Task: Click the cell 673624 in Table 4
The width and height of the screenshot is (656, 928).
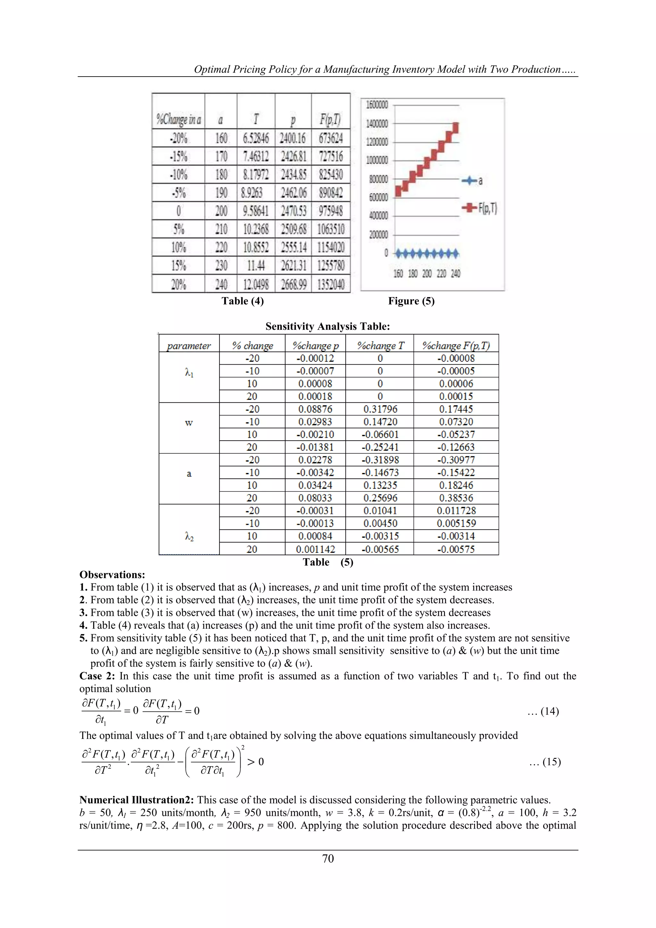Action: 331,138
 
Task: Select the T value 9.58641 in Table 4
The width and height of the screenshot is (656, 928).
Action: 256,211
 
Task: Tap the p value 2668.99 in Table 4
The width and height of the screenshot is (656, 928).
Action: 293,284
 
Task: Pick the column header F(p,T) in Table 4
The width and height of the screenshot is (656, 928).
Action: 331,119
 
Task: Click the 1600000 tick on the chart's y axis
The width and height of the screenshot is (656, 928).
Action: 377,105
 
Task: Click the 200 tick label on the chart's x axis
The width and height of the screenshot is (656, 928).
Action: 427,274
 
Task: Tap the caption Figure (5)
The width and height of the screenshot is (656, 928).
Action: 411,301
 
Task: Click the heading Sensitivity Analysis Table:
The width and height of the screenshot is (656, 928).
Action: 328,327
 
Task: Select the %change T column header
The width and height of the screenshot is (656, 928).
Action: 380,345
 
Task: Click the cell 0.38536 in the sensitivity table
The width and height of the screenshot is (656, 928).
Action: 456,498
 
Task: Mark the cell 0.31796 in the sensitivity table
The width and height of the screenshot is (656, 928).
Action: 380,409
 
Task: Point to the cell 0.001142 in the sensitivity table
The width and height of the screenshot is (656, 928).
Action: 315,549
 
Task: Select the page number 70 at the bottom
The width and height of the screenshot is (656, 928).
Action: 328,858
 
